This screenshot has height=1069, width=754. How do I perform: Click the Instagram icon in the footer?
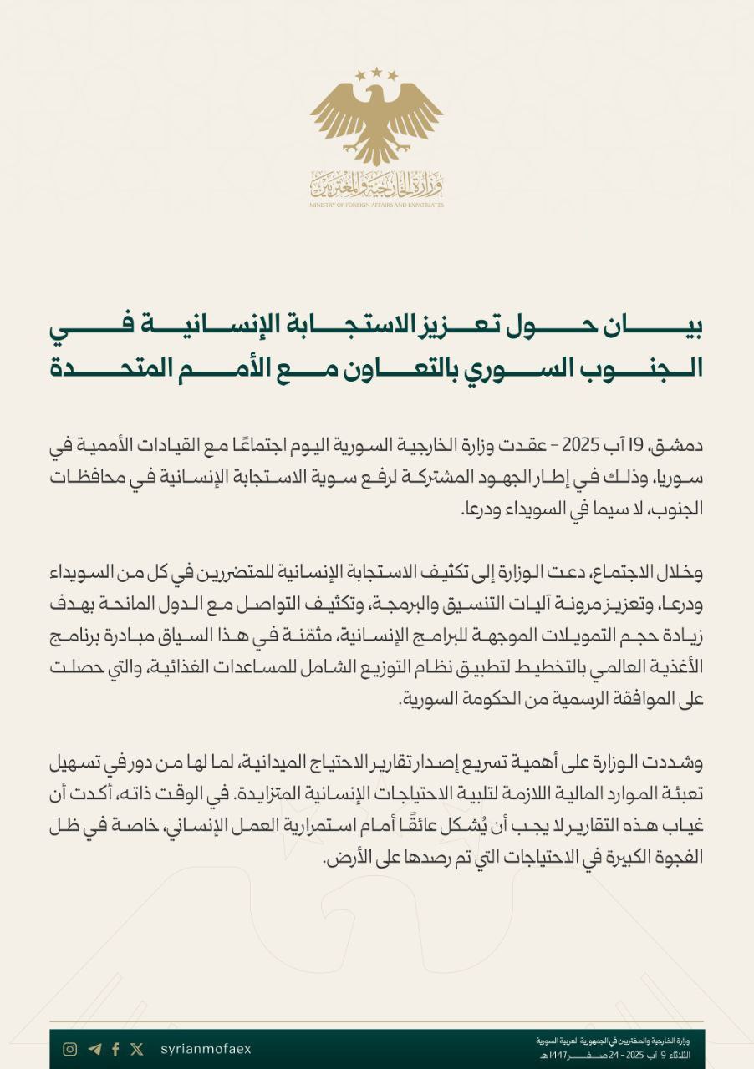[x=71, y=1050]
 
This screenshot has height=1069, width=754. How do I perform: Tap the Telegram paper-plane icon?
[x=94, y=1050]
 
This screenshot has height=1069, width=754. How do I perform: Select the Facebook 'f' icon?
[x=115, y=1050]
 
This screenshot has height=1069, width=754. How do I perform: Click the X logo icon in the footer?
[x=137, y=1050]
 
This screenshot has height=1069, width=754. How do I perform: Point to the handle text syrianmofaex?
[x=205, y=1050]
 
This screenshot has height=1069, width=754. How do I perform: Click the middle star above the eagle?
[x=376, y=73]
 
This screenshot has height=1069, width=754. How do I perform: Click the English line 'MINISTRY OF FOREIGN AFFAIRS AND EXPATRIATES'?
[x=376, y=205]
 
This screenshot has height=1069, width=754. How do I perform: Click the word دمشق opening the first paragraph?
[x=681, y=443]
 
